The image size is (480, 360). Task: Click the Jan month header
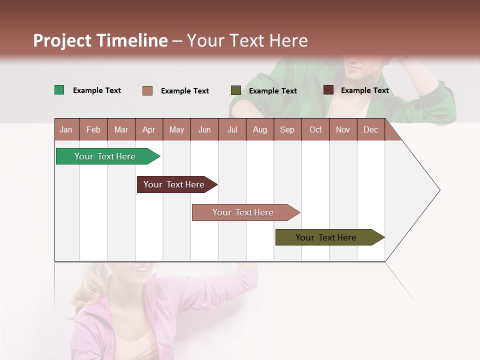(66, 129)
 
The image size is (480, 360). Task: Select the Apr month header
(149, 129)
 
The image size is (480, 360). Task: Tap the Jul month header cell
(232, 129)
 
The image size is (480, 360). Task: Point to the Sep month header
(287, 129)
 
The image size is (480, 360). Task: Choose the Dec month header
(370, 129)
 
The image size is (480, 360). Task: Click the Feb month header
(93, 129)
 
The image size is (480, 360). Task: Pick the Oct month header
(315, 129)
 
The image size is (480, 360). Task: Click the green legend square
(59, 90)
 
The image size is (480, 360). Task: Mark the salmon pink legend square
(147, 90)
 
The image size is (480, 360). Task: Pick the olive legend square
(236, 90)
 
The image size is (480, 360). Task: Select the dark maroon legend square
(328, 90)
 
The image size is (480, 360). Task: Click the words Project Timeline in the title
(100, 40)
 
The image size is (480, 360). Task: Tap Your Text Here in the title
(247, 40)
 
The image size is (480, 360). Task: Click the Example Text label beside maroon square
(364, 90)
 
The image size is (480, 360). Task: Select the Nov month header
(343, 129)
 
